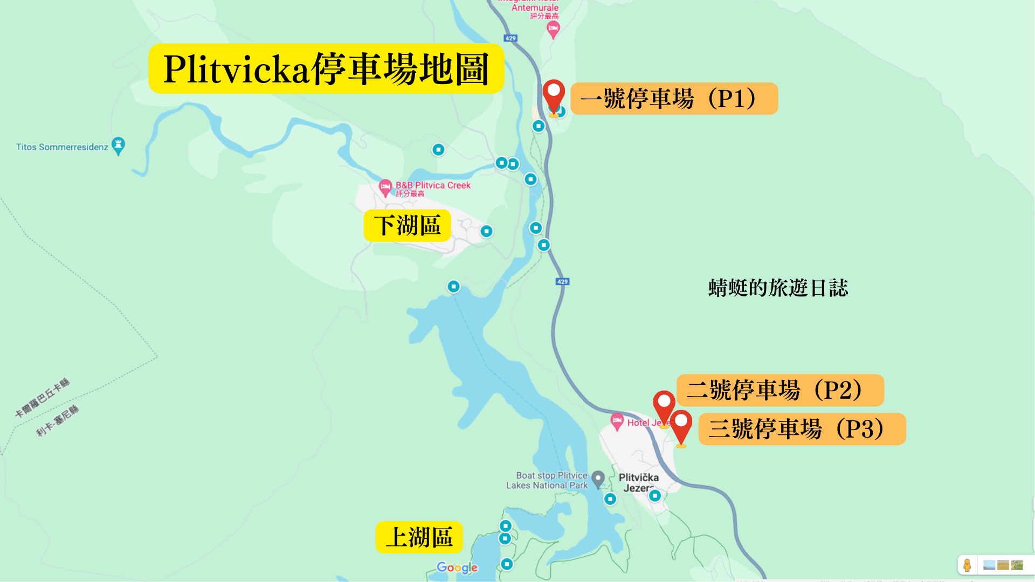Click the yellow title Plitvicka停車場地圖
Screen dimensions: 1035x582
point(326,69)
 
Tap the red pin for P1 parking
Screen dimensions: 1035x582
point(554,95)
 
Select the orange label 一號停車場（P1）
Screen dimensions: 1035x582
point(674,99)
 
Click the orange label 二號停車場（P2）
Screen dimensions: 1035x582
point(780,390)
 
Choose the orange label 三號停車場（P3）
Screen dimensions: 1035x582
point(802,429)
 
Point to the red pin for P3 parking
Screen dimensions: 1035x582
point(681,425)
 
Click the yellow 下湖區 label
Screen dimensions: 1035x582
point(407,225)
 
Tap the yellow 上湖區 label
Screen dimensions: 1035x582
point(419,537)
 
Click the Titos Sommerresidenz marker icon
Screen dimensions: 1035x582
point(118,145)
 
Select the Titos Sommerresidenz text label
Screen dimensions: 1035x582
point(62,147)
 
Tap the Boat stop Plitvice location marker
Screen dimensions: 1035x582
point(598,479)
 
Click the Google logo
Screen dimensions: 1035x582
point(457,567)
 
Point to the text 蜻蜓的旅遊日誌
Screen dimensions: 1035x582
point(778,288)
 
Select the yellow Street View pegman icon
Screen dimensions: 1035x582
point(967,565)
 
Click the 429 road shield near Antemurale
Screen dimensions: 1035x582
point(510,38)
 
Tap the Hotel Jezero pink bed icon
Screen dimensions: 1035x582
point(617,421)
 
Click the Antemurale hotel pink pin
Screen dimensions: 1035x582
point(553,29)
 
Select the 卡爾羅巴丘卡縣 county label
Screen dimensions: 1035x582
point(43,398)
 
